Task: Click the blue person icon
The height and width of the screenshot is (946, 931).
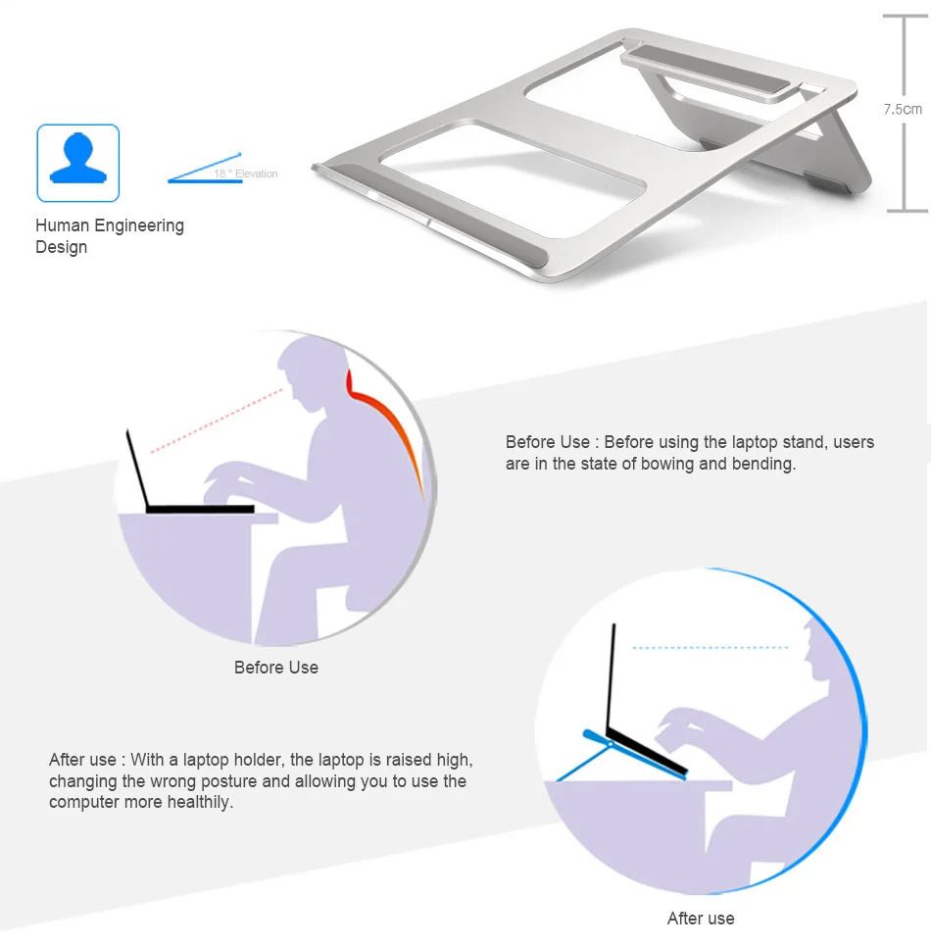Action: pos(78,163)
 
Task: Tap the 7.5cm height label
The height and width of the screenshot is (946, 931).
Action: pos(903,109)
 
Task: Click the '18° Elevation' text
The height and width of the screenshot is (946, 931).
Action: pos(246,174)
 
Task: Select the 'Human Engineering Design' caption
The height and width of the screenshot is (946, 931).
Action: pos(109,236)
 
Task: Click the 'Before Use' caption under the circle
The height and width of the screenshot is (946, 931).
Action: pos(276,668)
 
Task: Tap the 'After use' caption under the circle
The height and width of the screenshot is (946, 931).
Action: pos(701,919)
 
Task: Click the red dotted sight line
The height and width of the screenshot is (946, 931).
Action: pos(216,420)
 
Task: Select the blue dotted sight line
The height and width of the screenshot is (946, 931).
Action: pos(710,648)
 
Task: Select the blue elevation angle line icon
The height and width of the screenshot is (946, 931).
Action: pos(206,168)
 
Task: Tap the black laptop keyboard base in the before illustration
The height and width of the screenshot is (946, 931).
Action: pos(200,509)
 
